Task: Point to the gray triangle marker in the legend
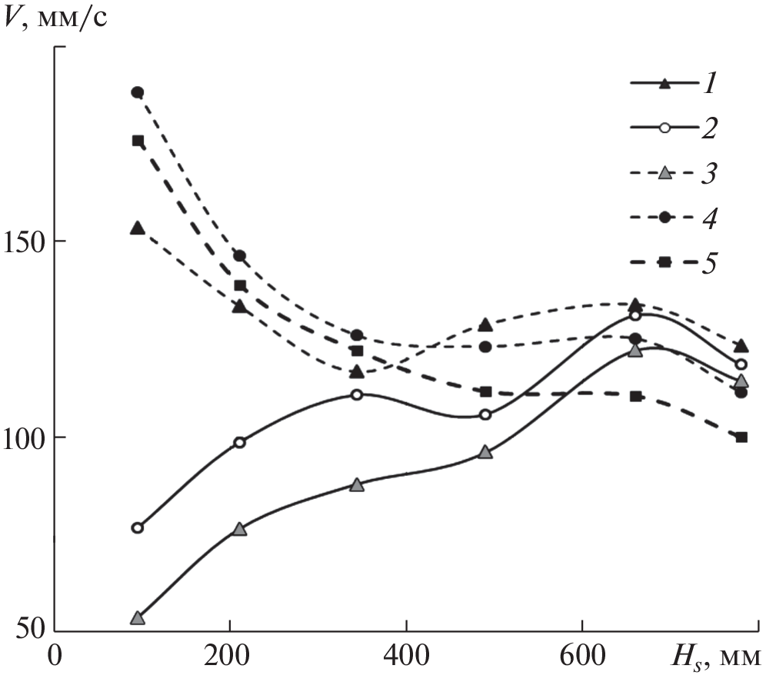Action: coord(666,173)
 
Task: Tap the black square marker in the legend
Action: coord(666,263)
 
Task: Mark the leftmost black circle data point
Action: coord(138,92)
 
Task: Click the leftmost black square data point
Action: coord(138,141)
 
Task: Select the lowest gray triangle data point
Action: coord(138,618)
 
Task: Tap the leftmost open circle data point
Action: coord(138,527)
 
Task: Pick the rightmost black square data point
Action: coord(741,437)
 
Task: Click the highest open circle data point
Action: coord(635,315)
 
